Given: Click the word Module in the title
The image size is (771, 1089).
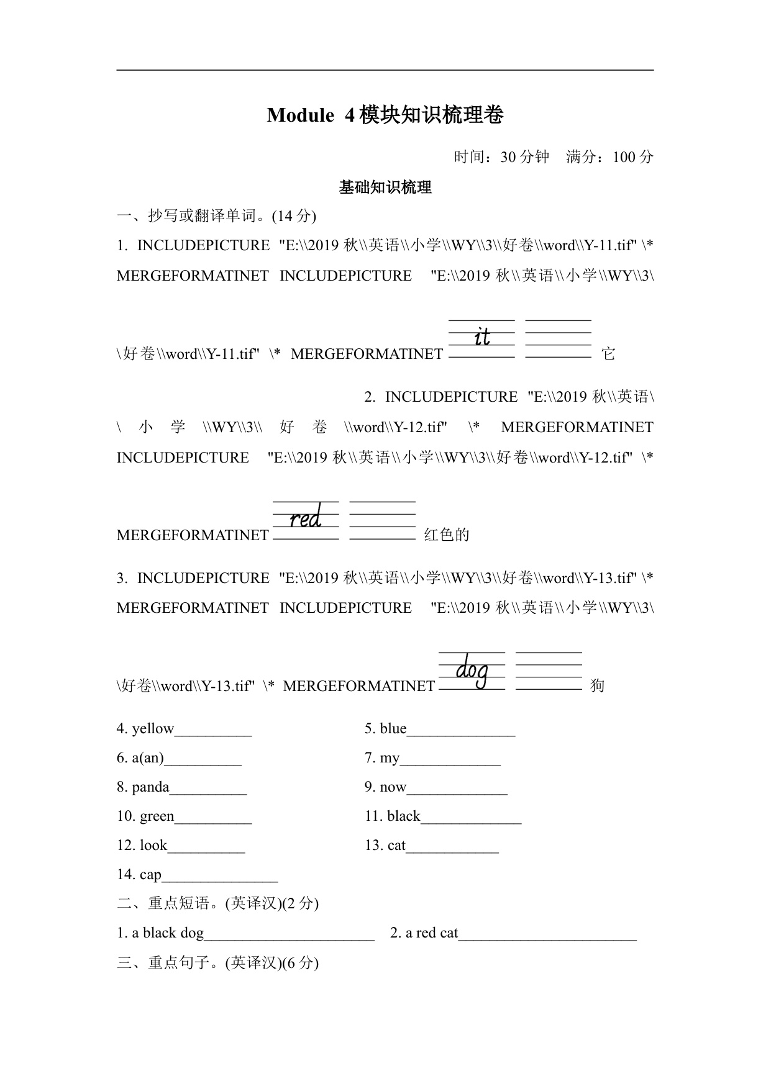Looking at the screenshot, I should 300,115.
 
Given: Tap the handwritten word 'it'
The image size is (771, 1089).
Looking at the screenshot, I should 482,337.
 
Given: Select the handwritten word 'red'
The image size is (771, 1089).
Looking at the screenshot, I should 306,518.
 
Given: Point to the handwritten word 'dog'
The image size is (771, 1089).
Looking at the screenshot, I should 472,672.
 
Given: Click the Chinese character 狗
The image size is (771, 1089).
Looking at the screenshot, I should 597,686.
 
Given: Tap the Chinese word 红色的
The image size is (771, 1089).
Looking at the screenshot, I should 447,535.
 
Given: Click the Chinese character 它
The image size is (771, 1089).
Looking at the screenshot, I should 608,354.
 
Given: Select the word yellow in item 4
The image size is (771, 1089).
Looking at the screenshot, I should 153,729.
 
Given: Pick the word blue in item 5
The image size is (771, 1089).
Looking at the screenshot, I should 393,729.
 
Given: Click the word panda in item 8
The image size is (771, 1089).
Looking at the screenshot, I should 150,787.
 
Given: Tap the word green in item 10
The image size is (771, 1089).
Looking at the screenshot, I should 157,816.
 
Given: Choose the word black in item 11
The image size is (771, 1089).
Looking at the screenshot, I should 404,816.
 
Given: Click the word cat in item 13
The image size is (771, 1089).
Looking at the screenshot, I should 396,846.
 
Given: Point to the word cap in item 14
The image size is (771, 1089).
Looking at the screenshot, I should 150,875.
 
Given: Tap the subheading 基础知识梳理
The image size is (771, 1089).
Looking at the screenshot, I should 385,188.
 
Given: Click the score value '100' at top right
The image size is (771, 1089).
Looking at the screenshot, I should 624,157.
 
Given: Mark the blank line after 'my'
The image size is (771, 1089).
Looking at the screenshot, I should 450,762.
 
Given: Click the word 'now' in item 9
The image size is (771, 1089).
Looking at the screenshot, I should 393,787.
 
